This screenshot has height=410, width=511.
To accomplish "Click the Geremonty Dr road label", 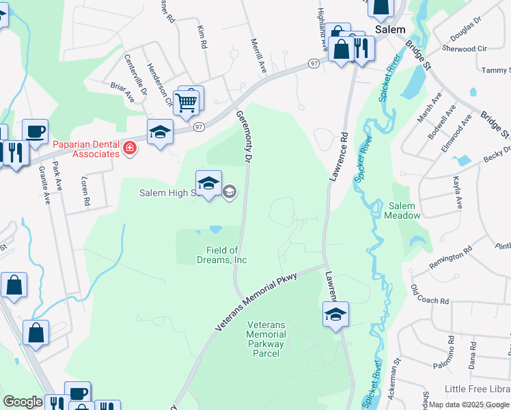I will [x=243, y=137].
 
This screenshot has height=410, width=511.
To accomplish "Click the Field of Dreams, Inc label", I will [x=226, y=255].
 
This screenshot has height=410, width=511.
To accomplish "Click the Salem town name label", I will [x=390, y=30].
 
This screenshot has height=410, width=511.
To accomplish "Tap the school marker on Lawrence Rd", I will [x=335, y=314].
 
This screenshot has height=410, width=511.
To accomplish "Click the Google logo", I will [x=23, y=402].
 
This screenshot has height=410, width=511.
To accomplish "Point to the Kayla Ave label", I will [x=457, y=193].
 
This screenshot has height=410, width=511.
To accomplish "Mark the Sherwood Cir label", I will [x=464, y=49].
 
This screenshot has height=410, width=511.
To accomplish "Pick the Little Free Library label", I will [x=477, y=389].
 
